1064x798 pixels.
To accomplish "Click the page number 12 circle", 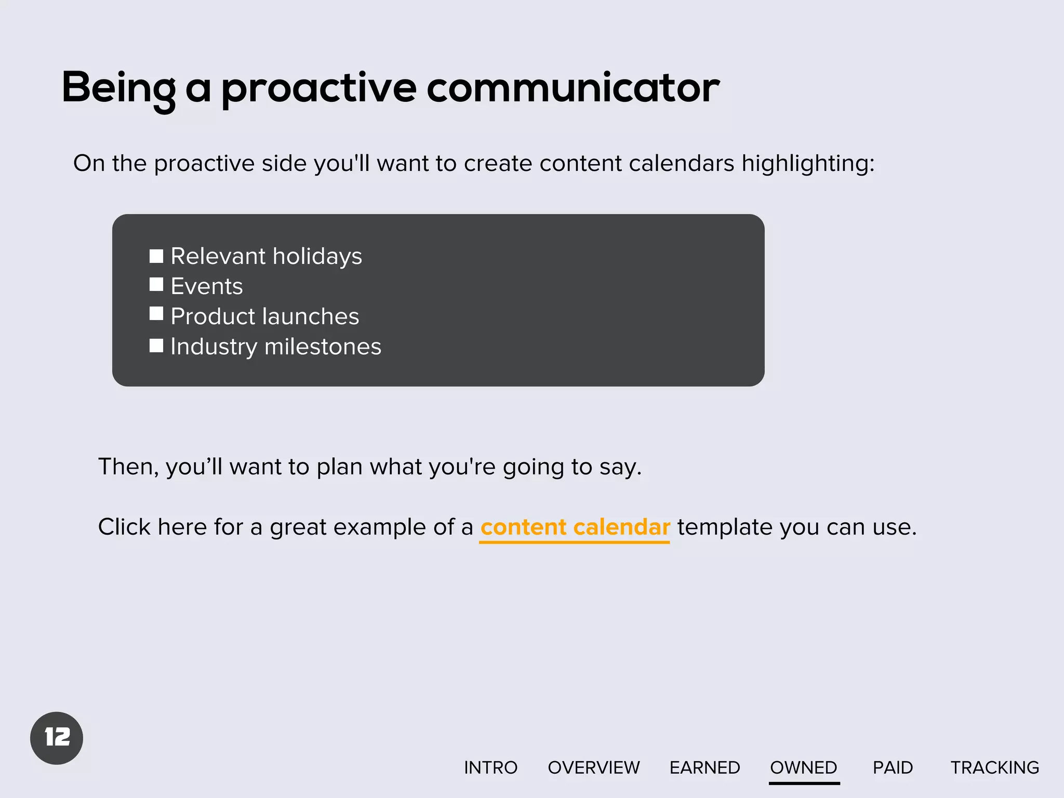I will click(57, 738).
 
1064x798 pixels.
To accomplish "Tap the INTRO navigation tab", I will click(490, 767).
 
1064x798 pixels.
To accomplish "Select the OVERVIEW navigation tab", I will click(594, 767).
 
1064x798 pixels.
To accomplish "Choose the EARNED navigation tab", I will click(704, 767).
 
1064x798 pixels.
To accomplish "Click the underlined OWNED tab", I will click(804, 767).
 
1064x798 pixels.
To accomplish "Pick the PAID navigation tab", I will click(893, 767).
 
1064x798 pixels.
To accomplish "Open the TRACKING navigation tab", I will click(994, 767).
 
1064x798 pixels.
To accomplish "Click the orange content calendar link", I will click(575, 527).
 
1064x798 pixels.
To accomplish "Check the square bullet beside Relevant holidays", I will click(156, 256).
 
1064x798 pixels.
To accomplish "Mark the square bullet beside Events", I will click(156, 285).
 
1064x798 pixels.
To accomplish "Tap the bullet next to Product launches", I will click(156, 314).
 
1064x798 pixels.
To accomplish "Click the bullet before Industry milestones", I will click(156, 345).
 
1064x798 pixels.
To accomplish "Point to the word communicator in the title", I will click(573, 87).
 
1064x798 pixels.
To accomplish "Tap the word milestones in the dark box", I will click(323, 347).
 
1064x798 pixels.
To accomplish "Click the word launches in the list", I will click(310, 316).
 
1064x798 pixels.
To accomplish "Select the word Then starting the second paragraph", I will click(126, 467).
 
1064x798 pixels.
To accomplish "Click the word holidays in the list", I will click(317, 257).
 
